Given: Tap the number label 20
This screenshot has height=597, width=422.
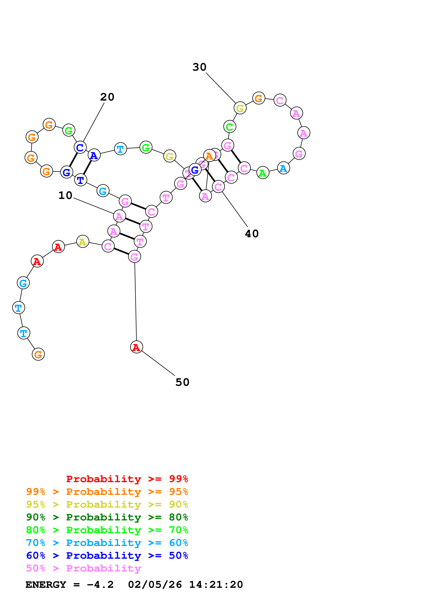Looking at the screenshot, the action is [107, 97].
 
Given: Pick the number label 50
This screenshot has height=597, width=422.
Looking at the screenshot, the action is [182, 382].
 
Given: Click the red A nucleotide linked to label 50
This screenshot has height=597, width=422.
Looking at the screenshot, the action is [137, 347].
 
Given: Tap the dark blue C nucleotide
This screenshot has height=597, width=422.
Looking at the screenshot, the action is [80, 147].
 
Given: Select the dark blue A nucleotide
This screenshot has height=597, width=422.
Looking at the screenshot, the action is [94, 155].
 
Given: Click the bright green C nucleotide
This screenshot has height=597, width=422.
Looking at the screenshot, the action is [230, 127].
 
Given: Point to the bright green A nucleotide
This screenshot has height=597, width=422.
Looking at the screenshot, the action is [263, 173].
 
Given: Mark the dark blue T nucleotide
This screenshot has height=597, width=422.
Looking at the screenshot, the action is [81, 180].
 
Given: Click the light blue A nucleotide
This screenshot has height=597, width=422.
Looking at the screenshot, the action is [283, 168].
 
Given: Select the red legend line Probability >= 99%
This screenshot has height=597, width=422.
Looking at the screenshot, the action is [127, 479].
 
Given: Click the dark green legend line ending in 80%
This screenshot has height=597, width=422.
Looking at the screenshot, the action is [107, 517].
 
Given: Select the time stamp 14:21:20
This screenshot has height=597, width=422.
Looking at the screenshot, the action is [216, 585].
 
